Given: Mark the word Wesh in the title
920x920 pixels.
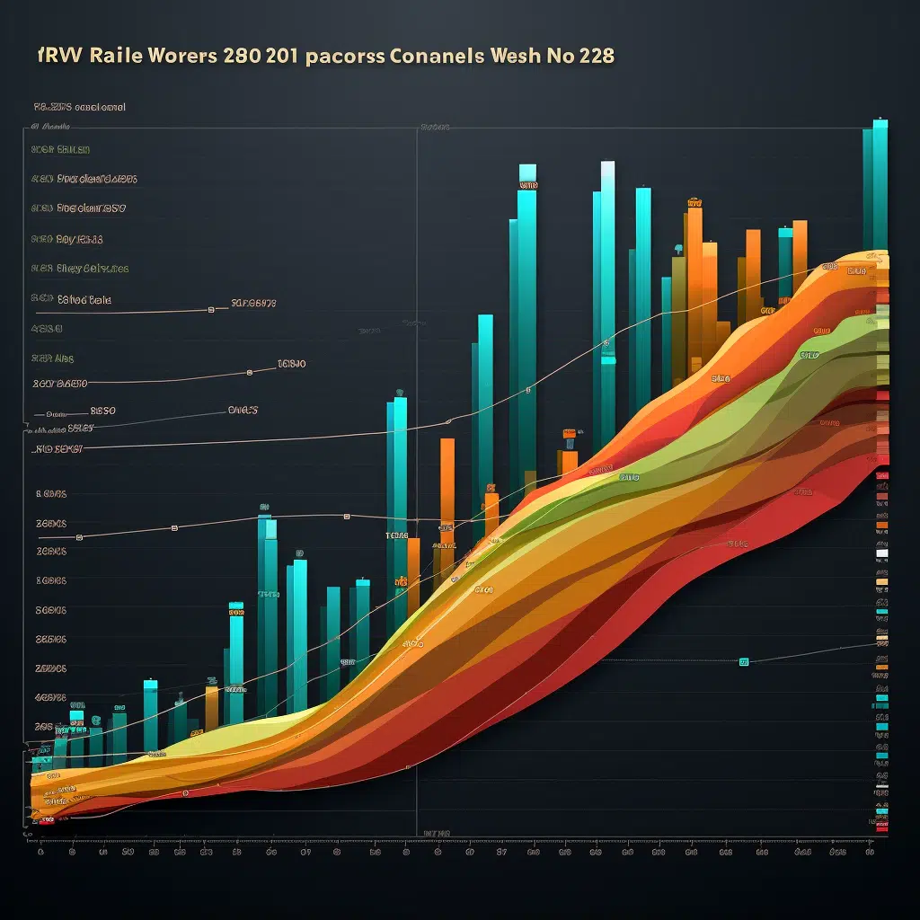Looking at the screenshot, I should [516, 56].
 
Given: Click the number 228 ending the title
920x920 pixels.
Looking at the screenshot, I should [597, 56].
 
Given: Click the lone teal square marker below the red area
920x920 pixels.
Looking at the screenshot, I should [744, 662].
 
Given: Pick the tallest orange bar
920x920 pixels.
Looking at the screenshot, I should [693, 270].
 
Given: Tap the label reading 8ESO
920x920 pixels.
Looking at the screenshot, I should [96, 411].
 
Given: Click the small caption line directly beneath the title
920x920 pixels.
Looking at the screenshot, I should [79, 107].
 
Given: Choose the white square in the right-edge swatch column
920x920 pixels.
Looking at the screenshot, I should [881, 554].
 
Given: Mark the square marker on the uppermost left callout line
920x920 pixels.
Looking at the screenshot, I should [210, 309].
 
